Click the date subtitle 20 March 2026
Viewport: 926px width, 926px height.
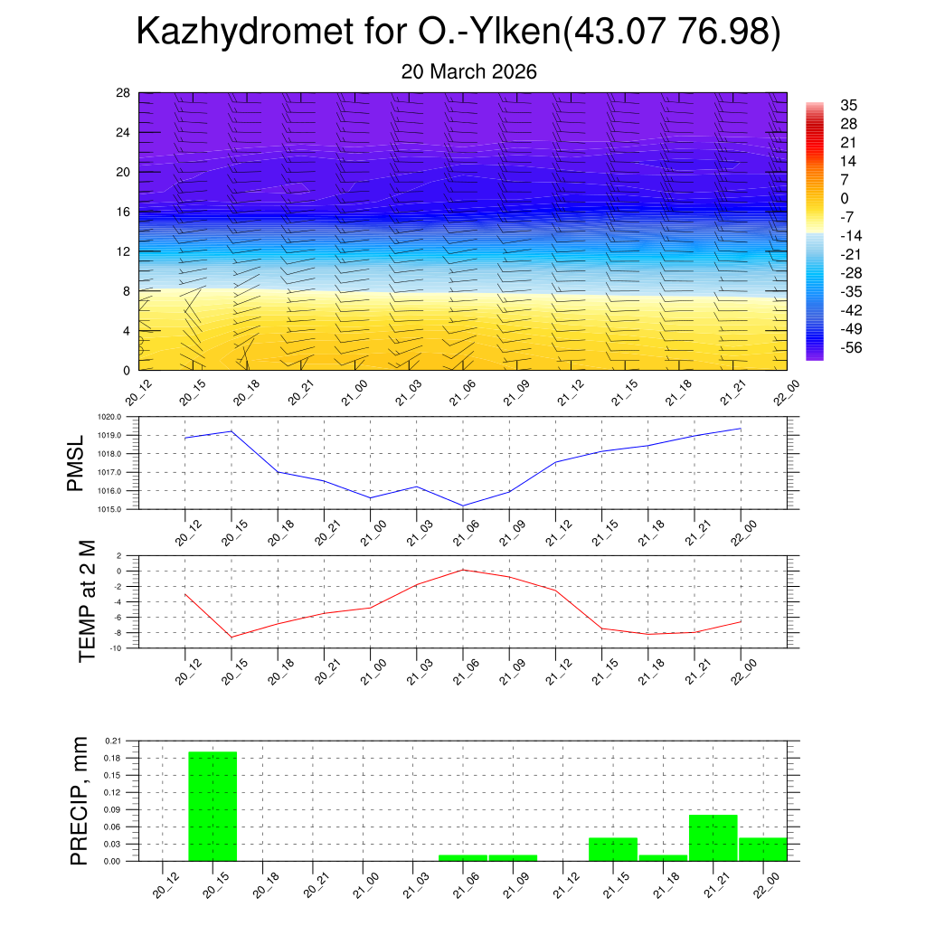pos(468,71)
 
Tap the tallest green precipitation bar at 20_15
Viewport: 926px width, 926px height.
pos(213,806)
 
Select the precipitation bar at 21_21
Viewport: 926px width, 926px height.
pos(713,838)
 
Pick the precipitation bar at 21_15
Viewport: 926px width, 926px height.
pos(613,849)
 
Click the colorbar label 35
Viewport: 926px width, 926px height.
pos(848,105)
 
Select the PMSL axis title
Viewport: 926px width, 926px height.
pos(75,463)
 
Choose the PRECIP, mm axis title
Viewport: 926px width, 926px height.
pos(80,800)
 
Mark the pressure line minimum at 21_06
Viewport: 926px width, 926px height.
pos(463,506)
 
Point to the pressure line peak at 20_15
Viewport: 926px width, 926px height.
pos(231,430)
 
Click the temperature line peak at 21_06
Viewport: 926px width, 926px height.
pos(463,569)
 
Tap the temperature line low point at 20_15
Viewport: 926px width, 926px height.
pos(231,638)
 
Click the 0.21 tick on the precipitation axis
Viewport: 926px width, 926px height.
pos(112,741)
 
